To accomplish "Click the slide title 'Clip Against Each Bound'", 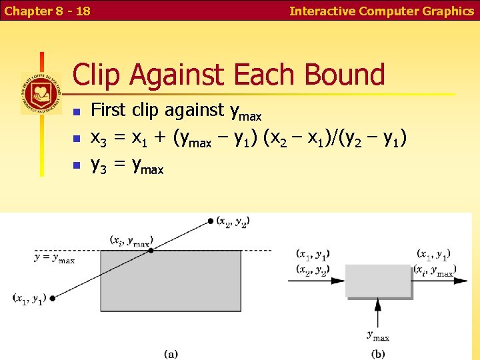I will [x=229, y=75].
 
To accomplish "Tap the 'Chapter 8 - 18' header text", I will [x=47, y=11].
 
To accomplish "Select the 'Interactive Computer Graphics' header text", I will [x=382, y=11].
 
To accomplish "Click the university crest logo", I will [x=41, y=93].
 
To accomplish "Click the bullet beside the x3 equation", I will [x=77, y=139].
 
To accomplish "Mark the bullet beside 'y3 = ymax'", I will [x=77, y=165].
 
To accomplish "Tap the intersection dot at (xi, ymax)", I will [x=151, y=250].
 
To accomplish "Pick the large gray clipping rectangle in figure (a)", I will [x=170, y=280].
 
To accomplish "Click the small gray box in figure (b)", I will [x=378, y=281].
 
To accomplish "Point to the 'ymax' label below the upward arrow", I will [x=378, y=336].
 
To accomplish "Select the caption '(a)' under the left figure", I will [x=171, y=353].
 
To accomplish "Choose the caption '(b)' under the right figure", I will [x=378, y=353].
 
